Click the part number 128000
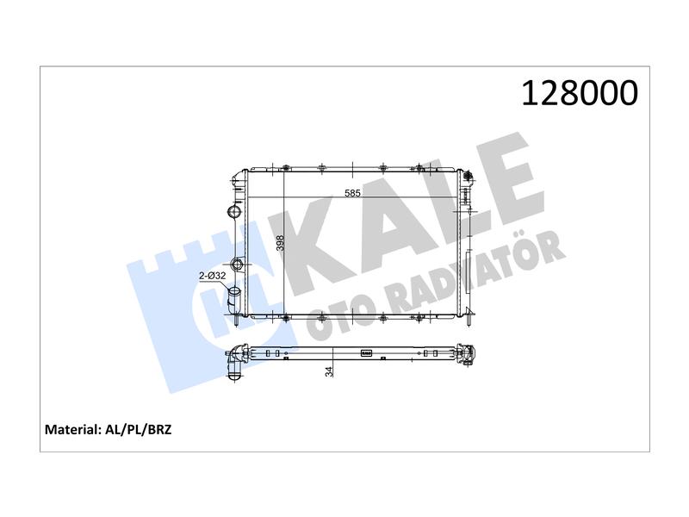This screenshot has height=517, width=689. coord(580,93)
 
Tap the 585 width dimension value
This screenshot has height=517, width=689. coord(352,192)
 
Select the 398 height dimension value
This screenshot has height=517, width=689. coord(281,243)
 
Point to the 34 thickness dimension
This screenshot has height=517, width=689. coord(329,371)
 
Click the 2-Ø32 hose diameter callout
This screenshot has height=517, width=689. coord(212,276)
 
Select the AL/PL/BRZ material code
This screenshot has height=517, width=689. coord(139,429)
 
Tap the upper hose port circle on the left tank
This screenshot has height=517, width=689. coord(234,211)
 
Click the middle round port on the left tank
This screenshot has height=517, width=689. coord(238,265)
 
